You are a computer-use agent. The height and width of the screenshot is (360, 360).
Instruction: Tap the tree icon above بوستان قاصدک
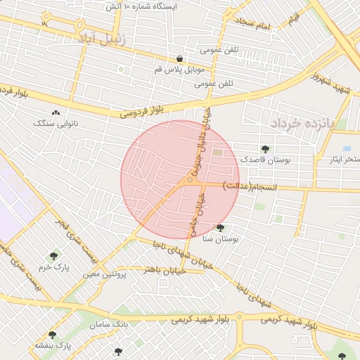pyautogui.click(x=265, y=149)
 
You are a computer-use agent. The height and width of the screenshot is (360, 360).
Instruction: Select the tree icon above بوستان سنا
pyautogui.click(x=221, y=228)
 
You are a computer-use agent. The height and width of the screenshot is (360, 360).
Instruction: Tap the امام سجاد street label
pyautogui.click(x=254, y=25)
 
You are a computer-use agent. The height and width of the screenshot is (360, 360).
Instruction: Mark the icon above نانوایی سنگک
pyautogui.click(x=56, y=112)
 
